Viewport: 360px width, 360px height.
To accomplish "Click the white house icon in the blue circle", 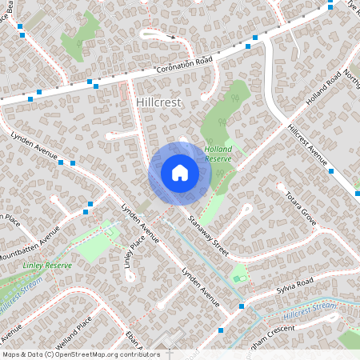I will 179,173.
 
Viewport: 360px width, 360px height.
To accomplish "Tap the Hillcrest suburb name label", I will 159,103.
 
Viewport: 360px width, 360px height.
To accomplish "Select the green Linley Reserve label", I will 47,266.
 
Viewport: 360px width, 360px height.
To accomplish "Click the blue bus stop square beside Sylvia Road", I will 242,306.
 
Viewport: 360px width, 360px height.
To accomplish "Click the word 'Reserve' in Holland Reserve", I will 218,158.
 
